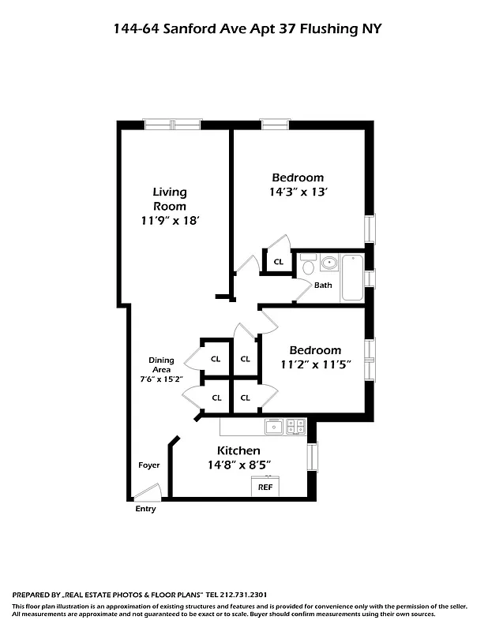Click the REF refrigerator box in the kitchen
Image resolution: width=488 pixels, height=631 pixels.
tap(266, 487)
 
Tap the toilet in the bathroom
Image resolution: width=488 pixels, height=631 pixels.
tap(307, 267)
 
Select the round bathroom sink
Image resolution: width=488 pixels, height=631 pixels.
tap(328, 262)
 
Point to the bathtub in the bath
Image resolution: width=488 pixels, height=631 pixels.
tap(352, 278)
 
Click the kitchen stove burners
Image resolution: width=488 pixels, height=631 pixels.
tap(296, 427)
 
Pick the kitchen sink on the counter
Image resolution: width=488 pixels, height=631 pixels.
tap(274, 427)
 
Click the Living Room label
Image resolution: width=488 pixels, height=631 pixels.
tap(170, 199)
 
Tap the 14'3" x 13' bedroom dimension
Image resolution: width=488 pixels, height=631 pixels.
tap(298, 191)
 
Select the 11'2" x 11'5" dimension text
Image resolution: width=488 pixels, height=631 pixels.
tap(315, 364)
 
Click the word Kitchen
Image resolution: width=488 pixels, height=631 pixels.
tap(234, 450)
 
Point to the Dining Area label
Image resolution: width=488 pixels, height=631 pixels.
tap(161, 365)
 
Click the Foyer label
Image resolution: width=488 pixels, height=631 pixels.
tap(149, 465)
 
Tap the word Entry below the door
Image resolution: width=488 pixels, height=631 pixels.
tap(146, 509)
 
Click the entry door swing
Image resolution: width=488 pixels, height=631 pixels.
tap(147, 493)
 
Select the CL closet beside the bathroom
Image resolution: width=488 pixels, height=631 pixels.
tap(278, 262)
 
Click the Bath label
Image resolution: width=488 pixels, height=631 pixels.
tap(323, 286)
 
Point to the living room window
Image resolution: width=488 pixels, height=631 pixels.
tap(172, 124)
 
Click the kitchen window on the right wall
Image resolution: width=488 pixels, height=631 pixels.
tap(313, 457)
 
